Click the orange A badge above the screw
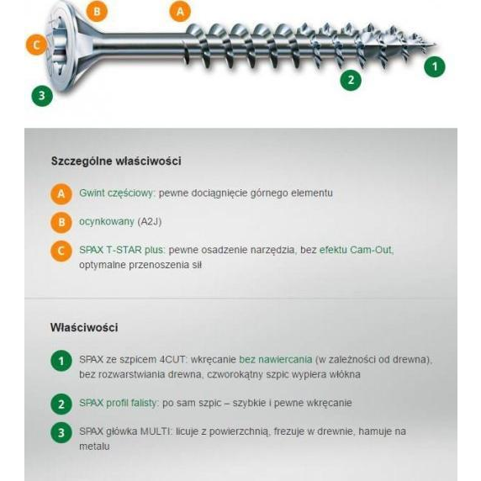coord(180,12)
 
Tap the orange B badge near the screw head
coord(97,12)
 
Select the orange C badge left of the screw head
coord(36,45)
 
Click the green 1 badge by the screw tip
coord(435,66)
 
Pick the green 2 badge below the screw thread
coord(351,81)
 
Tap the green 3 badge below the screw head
coord(42,96)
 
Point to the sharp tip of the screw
coord(436,45)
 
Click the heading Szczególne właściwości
coord(116,161)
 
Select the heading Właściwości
coord(84,327)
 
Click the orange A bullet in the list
coord(61,194)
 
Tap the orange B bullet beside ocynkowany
coord(61,222)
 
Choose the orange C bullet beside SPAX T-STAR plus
coord(61,251)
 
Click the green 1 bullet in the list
coord(61,361)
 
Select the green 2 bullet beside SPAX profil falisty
coord(61,404)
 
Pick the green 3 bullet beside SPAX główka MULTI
coord(61,432)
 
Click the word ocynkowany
coord(107,221)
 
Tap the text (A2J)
coord(150,221)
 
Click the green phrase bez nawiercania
coord(276,359)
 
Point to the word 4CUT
coord(172,359)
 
